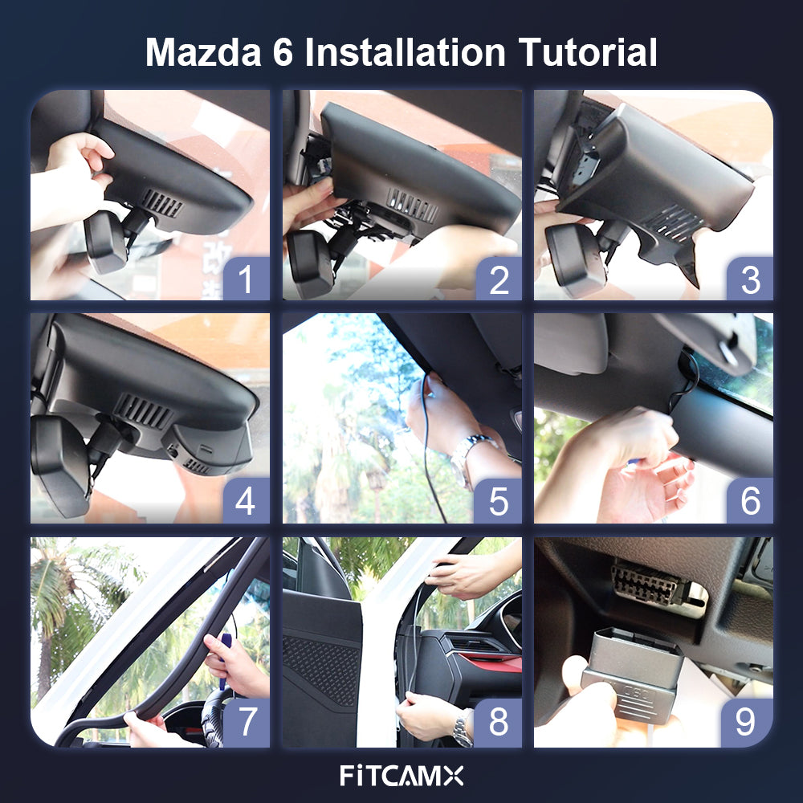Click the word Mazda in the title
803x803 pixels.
point(203,52)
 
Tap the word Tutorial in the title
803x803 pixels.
point(588,52)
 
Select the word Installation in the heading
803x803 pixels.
point(405,52)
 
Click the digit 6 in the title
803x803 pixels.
point(283,52)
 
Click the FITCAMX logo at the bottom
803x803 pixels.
point(401,776)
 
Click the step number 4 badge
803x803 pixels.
point(247,500)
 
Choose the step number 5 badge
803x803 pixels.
point(499,500)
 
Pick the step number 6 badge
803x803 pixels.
point(750,500)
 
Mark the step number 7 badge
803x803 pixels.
point(247,722)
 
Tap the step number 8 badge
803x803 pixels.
point(499,722)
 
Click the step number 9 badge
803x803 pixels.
point(747,722)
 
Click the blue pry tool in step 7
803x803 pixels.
point(224,658)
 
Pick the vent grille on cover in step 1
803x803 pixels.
point(162,203)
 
